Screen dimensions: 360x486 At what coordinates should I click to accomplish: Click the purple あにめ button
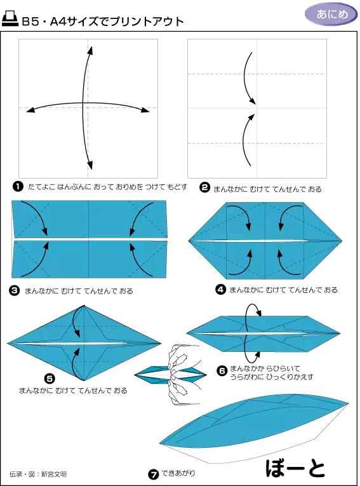tap(331, 14)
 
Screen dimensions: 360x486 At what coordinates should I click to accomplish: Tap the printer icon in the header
tap(10, 18)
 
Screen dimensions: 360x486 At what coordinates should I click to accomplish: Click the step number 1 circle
tap(18, 187)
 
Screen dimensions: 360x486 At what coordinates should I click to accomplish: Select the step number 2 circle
tap(204, 187)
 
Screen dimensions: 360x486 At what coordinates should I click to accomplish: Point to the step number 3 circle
tap(15, 291)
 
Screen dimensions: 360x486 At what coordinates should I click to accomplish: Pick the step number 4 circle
tap(220, 290)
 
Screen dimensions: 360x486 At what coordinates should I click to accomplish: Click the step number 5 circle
tap(50, 379)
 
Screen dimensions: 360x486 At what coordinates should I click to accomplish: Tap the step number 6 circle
tap(222, 371)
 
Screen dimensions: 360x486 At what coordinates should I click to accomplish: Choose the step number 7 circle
tap(154, 474)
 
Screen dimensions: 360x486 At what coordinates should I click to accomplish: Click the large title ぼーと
tap(295, 468)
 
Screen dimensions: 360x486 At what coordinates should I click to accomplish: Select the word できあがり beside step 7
tap(178, 473)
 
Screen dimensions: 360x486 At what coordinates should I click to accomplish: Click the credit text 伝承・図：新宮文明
tap(38, 474)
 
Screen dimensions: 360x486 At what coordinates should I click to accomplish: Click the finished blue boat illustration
tap(254, 428)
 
